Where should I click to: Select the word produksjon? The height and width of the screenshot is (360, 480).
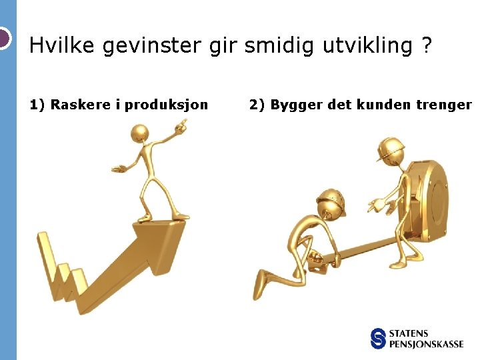pyautogui.click(x=167, y=105)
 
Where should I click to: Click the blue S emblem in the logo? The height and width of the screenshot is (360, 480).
pyautogui.click(x=379, y=338)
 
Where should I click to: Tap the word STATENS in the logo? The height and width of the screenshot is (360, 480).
pyautogui.click(x=409, y=333)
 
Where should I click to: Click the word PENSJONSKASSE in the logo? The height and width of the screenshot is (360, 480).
pyautogui.click(x=427, y=344)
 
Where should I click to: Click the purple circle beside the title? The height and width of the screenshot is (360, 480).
pyautogui.click(x=3, y=38)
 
